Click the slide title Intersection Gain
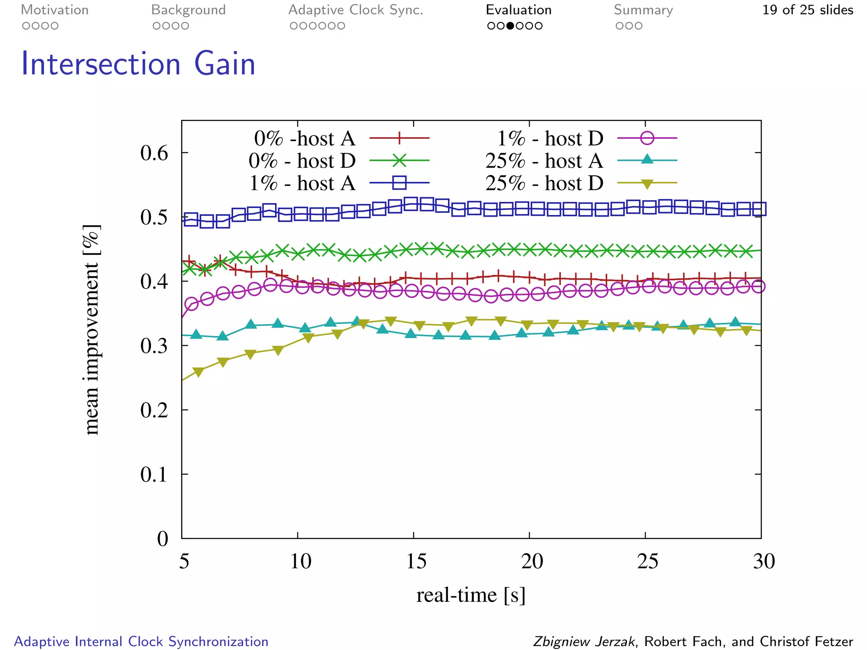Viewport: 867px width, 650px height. [138, 64]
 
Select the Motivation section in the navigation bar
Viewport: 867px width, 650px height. [55, 10]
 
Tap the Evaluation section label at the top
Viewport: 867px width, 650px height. [518, 10]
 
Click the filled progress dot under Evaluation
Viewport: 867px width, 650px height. [510, 26]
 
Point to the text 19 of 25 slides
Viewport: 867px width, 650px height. [807, 10]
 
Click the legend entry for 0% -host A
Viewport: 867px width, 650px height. [304, 138]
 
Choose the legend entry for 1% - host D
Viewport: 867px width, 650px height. [550, 138]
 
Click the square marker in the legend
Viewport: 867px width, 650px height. [399, 183]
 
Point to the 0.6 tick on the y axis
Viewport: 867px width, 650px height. [154, 153]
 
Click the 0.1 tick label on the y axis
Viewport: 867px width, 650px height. [154, 475]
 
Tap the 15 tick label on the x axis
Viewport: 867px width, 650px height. [416, 562]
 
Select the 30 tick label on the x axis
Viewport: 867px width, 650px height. [763, 562]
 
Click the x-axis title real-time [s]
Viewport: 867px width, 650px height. [470, 595]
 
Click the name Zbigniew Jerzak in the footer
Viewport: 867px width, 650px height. [584, 642]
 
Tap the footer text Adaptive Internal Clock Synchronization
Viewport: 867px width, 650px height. [141, 642]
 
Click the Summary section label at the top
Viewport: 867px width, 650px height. [643, 10]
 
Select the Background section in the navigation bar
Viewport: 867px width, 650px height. [188, 10]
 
